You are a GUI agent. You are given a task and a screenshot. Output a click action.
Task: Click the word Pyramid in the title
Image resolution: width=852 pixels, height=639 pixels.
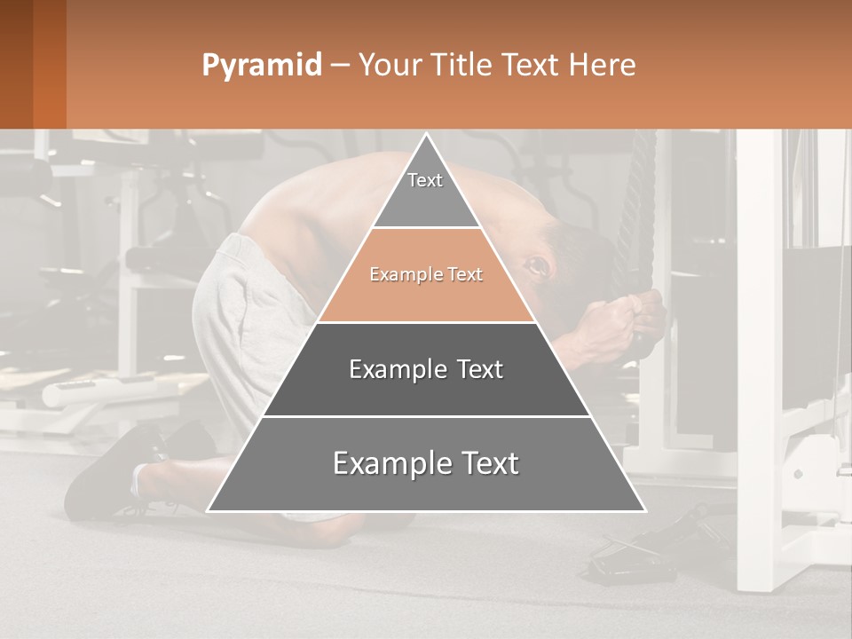(261, 66)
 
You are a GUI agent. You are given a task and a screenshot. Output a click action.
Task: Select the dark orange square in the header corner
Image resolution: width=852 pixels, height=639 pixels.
(33, 64)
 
